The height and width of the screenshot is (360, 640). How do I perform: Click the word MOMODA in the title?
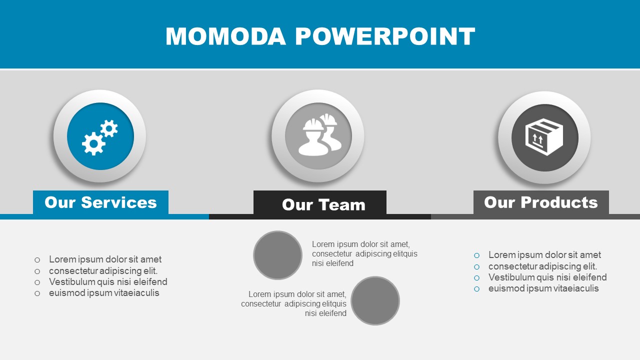click(x=225, y=36)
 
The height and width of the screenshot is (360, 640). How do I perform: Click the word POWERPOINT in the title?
click(x=385, y=36)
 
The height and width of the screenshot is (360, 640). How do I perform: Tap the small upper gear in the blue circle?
click(x=109, y=128)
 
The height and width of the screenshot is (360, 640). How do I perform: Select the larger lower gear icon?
click(x=93, y=143)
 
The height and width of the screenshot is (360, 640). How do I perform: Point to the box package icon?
click(x=544, y=137)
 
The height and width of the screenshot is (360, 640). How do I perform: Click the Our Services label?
click(x=100, y=202)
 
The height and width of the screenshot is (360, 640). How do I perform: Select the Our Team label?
click(x=323, y=204)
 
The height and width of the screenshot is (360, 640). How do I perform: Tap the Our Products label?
click(x=541, y=202)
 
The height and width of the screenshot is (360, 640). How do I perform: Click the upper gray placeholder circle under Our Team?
click(x=277, y=255)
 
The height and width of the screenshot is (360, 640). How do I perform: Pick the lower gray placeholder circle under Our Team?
click(x=375, y=300)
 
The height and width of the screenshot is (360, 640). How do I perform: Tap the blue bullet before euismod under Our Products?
click(x=476, y=289)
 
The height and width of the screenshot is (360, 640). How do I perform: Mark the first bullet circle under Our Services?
click(x=37, y=260)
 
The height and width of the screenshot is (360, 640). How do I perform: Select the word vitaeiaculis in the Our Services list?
click(x=136, y=293)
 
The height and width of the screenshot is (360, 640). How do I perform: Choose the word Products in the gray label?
click(x=559, y=202)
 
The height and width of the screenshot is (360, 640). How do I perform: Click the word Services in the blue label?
click(x=119, y=202)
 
